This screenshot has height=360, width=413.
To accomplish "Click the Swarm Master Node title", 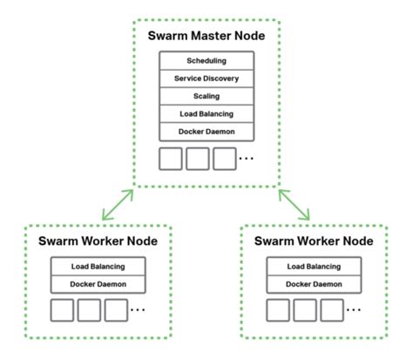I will coord(206,38).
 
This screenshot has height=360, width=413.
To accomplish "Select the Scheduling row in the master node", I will coord(206,61).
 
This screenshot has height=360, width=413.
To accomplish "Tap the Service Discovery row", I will coord(206,78).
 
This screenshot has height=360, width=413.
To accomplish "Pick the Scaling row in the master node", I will coord(206,96).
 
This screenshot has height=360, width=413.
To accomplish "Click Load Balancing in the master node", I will coord(206,113).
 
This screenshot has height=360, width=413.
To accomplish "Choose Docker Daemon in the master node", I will coord(206,132).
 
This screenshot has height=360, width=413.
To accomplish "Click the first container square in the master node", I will coord(170,159).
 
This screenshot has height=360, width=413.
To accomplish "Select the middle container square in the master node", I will coord(197,159).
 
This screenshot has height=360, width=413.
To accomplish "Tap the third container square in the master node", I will coord(224,159).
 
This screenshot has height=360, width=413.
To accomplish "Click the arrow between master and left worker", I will coord(118,204).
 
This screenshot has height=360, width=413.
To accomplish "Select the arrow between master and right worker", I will coord(294,204).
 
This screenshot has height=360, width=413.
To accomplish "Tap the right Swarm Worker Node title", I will coord(314,240).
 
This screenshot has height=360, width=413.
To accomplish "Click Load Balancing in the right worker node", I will coord(314,267).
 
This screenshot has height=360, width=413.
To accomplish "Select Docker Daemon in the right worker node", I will coord(314,284).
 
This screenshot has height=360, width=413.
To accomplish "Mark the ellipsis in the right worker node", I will coord(354,311).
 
